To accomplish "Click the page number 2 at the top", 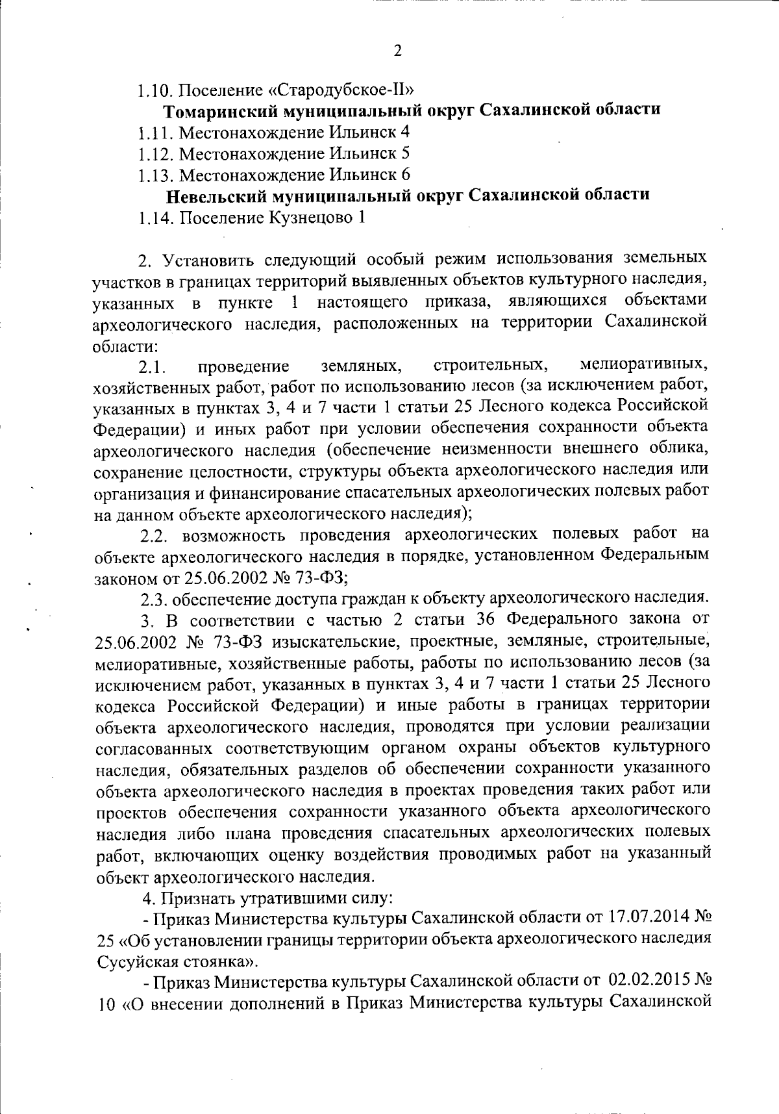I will [x=397, y=51].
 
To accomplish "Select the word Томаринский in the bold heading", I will [x=219, y=109].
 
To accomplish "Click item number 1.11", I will [x=156, y=133].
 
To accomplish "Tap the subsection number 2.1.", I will [x=153, y=368].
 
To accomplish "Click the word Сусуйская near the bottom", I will [x=136, y=961].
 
